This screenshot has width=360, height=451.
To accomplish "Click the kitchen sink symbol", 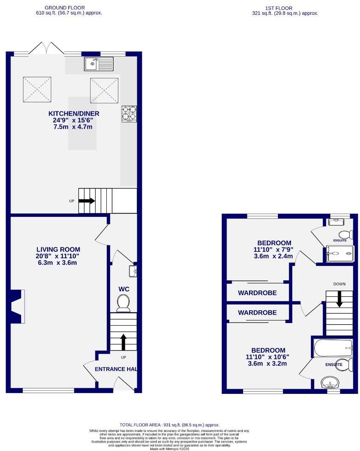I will (99, 64).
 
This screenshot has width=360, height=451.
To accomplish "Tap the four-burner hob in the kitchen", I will (130, 113).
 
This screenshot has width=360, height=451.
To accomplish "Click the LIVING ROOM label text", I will (58, 249).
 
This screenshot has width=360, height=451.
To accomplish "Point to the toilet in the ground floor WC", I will (124, 302).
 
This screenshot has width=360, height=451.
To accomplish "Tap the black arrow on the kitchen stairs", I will (87, 201).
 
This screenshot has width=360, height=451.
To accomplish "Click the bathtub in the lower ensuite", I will (333, 349).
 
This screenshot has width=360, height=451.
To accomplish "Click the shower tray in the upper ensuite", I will (339, 254).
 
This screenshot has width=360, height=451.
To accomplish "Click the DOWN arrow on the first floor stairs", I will (339, 299).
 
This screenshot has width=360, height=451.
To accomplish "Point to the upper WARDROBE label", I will (257, 293).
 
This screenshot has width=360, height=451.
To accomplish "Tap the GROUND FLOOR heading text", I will (65, 8).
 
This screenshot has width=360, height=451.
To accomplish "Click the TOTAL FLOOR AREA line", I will (169, 425).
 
